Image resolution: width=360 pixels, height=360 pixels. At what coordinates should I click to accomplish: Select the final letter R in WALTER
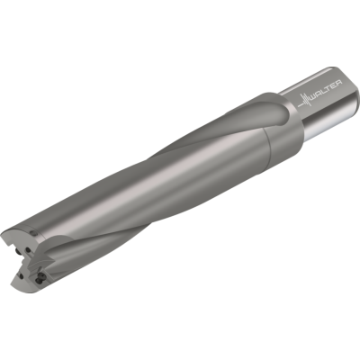[338, 83]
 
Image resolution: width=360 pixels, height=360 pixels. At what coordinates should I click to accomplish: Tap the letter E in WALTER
[334, 85]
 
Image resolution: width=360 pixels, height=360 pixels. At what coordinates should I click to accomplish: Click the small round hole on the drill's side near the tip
[32, 233]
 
